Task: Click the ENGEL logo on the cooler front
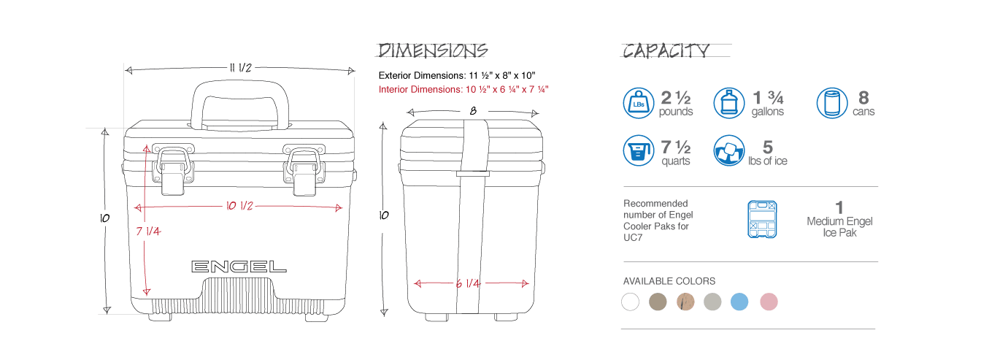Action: click(239, 267)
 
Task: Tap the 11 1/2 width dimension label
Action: click(240, 68)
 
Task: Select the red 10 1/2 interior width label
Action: click(239, 206)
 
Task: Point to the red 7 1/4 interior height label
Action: click(148, 231)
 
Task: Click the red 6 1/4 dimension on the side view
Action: click(468, 283)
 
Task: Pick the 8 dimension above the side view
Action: click(473, 111)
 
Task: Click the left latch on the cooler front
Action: click(173, 169)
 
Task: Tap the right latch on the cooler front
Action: click(304, 169)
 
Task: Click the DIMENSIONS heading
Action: click(432, 50)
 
